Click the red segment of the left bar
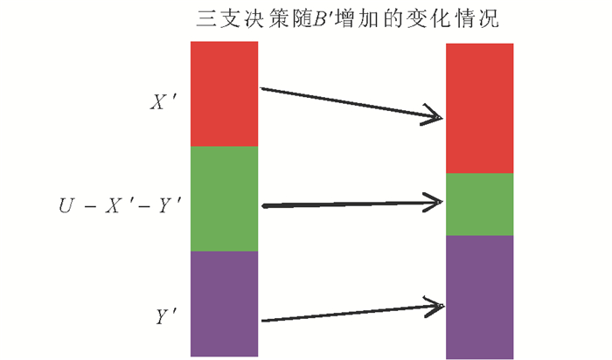coord(224,93)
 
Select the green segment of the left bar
coord(224,198)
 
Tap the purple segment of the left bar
coord(224,303)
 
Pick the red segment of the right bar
coord(480,108)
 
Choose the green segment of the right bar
coord(480,204)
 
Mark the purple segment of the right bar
coord(480,297)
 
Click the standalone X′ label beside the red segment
coord(163,103)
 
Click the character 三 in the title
coord(207,18)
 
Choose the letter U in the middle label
coord(66,207)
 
